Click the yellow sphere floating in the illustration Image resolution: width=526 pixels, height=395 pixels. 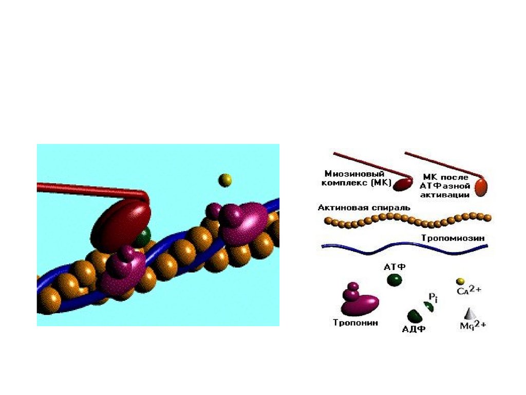tap(225, 179)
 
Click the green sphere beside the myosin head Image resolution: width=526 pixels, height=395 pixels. tap(142, 236)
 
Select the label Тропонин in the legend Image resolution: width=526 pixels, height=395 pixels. tap(355, 323)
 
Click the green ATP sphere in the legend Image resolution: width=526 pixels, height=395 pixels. tap(394, 280)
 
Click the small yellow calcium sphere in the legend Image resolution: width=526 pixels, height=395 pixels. tap(460, 281)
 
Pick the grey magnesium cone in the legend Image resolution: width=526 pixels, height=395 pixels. tap(468, 313)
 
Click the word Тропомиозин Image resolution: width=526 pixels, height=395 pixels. tap(453, 238)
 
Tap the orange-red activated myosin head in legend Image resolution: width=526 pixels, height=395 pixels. tap(481, 187)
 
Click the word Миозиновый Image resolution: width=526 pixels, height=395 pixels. tap(349, 173)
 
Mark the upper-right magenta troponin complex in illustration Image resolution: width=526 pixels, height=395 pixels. tap(241, 222)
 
